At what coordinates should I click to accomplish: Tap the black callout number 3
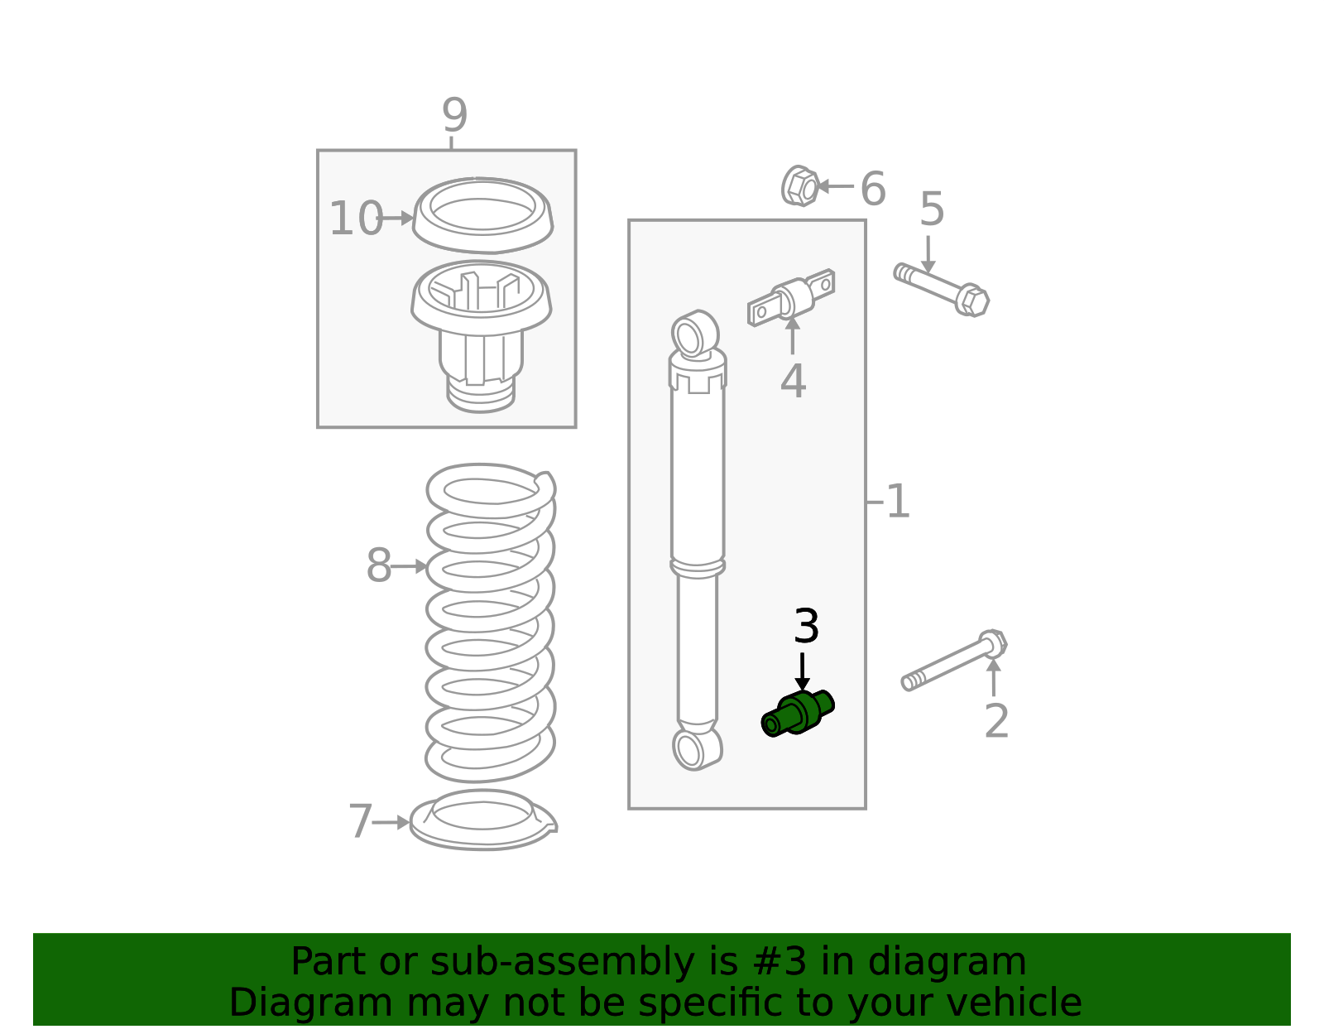(806, 627)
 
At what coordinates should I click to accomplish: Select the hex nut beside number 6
(800, 185)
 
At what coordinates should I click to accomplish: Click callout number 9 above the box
(454, 115)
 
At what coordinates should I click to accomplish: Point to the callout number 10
(357, 218)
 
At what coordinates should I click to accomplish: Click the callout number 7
(360, 821)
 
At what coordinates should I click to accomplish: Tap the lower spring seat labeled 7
(483, 820)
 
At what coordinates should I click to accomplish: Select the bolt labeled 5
(942, 290)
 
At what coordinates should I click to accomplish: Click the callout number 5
(933, 209)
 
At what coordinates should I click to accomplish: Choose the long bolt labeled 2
(954, 661)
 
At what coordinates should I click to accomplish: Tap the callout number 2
(997, 721)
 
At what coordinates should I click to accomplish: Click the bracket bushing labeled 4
(791, 298)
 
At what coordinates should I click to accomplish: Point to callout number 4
(794, 382)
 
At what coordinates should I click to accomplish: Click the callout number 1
(898, 502)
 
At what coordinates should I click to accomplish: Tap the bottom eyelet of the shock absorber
(697, 749)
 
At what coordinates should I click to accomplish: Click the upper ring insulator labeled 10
(482, 215)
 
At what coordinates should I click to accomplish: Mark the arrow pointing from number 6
(835, 185)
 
